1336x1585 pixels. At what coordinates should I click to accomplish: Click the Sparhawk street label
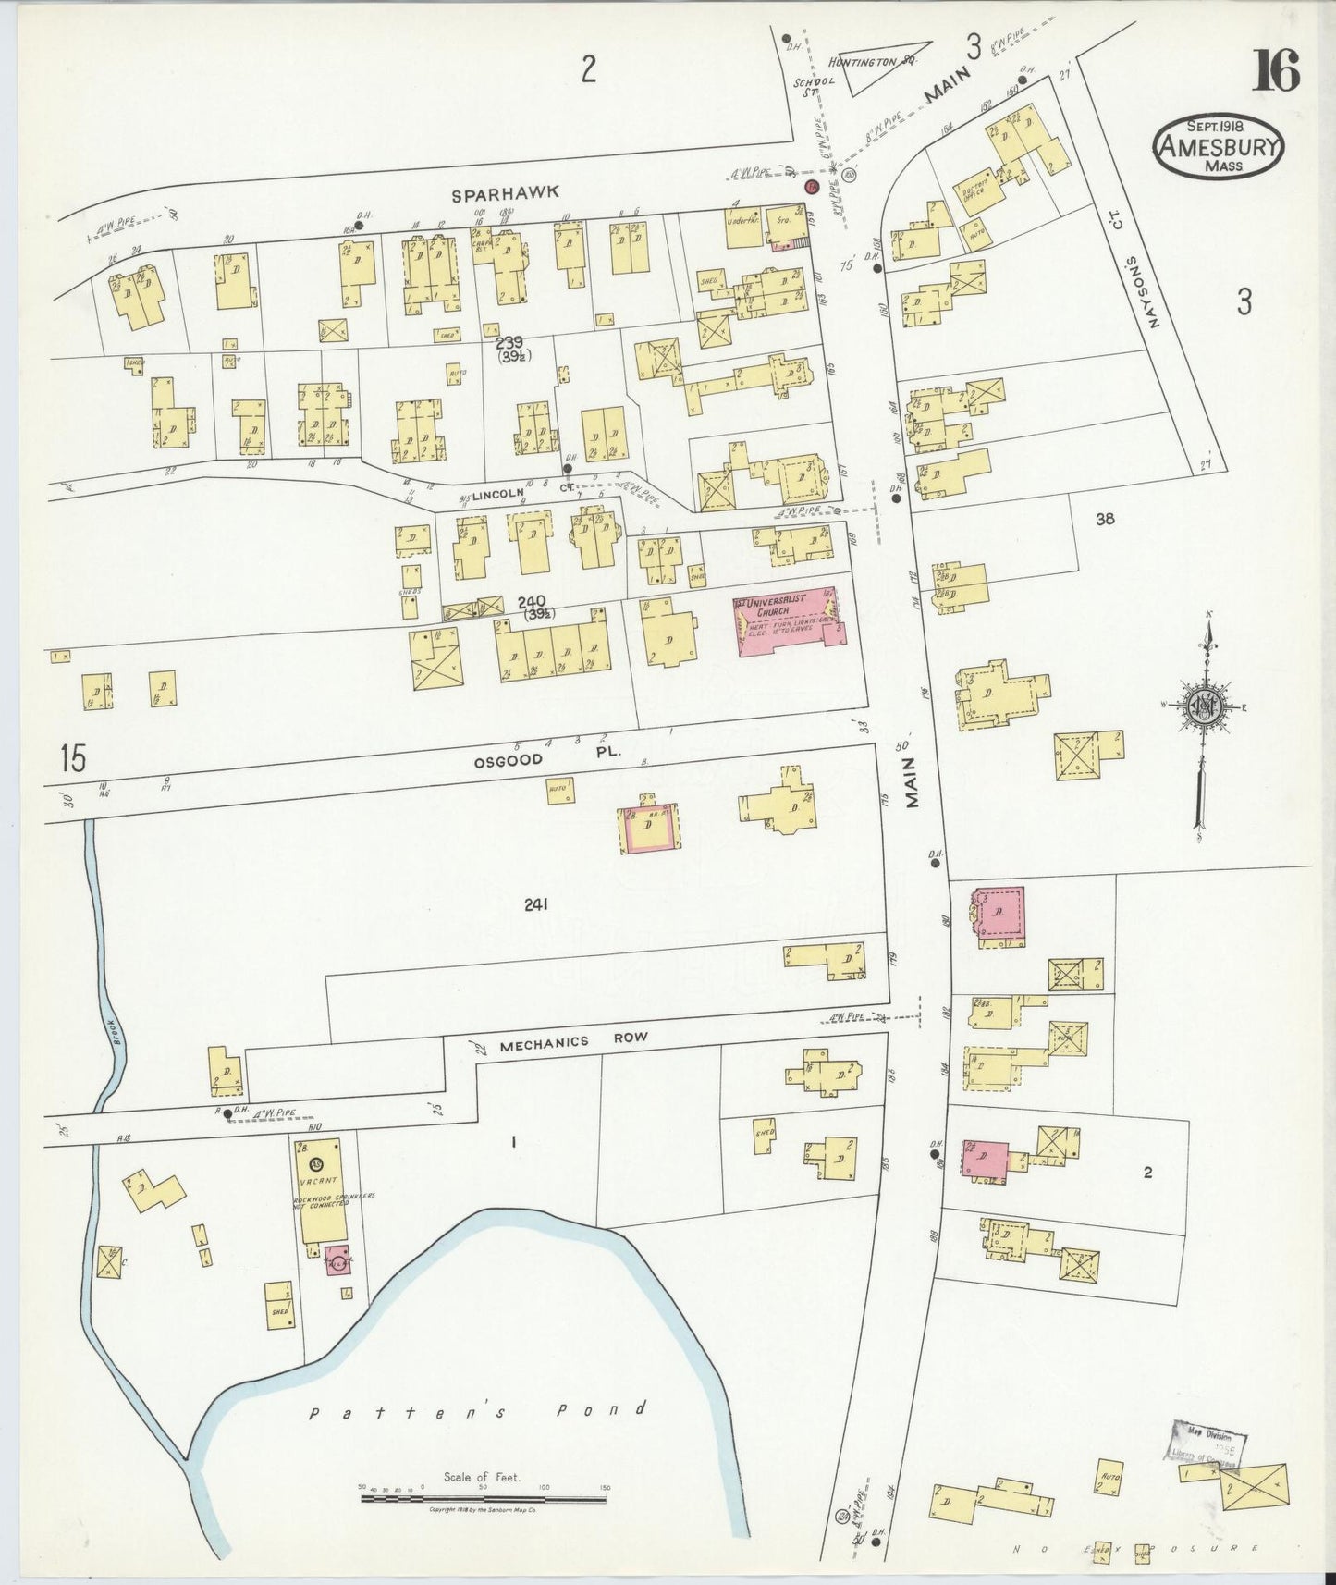tap(506, 193)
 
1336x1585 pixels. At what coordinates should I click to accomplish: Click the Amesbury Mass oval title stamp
tap(1218, 147)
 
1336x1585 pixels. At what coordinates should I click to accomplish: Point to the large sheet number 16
tap(1276, 71)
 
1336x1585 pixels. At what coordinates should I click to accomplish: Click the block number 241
tap(536, 904)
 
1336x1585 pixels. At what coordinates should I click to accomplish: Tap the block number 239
tap(509, 343)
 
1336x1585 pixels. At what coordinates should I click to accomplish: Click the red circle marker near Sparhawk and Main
tap(813, 186)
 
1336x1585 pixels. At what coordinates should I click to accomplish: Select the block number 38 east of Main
tap(1105, 519)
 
